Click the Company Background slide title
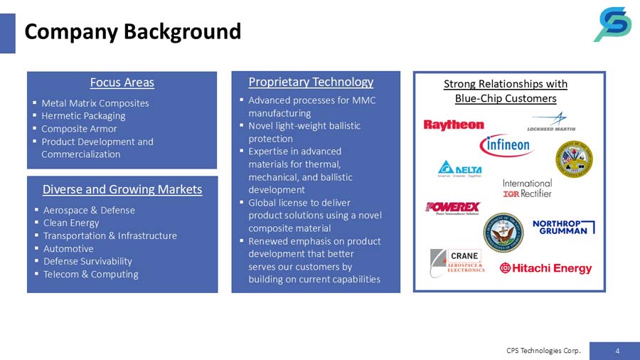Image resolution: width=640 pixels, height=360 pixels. (133, 32)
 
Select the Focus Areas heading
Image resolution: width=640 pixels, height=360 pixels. (122, 83)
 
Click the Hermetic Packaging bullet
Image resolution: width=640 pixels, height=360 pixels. (83, 116)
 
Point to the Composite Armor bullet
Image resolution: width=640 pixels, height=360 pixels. (79, 129)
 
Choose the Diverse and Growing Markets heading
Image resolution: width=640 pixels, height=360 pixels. (122, 189)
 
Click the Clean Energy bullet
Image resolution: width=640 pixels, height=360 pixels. (71, 223)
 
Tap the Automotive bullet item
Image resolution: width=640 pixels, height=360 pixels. (68, 248)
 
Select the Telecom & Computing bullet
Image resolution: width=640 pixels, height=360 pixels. (90, 274)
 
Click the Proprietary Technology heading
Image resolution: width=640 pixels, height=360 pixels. (311, 83)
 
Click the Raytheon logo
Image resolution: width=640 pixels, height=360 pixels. (454, 125)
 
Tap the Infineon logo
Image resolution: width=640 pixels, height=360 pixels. (506, 145)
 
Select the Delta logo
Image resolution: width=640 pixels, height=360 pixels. (459, 170)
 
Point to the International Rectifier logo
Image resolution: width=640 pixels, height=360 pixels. (527, 188)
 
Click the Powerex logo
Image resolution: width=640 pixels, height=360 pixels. (453, 208)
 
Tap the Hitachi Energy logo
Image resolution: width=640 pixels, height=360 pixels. (545, 268)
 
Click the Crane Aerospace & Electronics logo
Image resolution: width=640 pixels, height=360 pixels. (457, 262)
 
